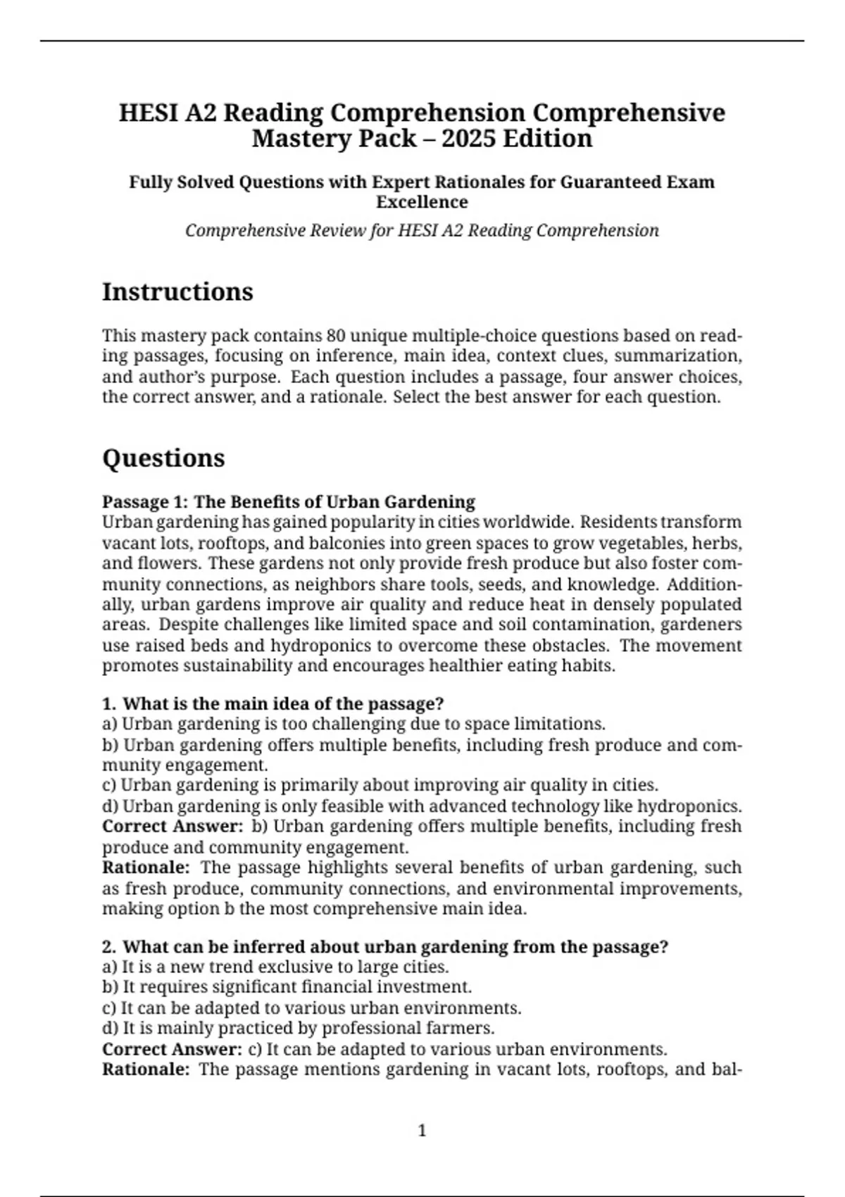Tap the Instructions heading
tap(177, 292)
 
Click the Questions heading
tap(163, 458)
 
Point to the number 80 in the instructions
tap(336, 335)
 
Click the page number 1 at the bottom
tap(423, 1131)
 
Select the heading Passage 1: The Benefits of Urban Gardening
tap(289, 502)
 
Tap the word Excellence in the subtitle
tap(422, 202)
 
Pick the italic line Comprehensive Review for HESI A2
tap(422, 231)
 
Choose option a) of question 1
tap(353, 724)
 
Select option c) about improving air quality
tap(380, 785)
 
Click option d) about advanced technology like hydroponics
tap(422, 806)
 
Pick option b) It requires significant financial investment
tap(287, 987)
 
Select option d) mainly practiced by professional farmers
tap(298, 1028)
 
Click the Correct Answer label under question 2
tap(172, 1049)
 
